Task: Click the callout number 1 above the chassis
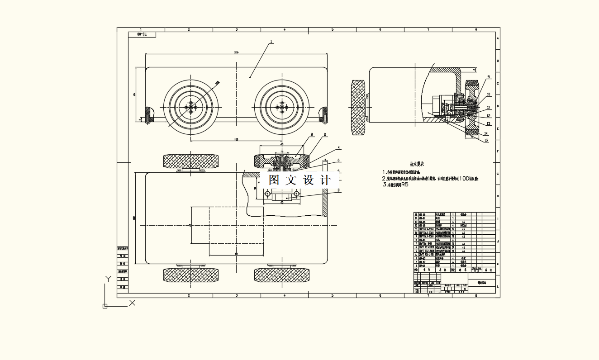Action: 271,42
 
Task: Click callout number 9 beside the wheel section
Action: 489,77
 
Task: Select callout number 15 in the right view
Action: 486,140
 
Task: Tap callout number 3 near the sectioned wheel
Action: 325,135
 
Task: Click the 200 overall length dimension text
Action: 236,52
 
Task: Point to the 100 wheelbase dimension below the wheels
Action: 236,140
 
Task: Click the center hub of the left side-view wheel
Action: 191,107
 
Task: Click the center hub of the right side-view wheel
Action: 282,107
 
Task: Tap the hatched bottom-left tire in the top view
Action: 191,275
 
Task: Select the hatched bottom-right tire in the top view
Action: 282,275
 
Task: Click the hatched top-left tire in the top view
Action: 191,161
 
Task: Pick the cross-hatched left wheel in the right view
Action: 359,107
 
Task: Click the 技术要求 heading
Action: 416,164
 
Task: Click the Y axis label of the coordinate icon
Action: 108,279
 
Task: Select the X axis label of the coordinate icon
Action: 133,303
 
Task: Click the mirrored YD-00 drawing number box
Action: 142,34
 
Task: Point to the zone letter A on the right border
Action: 498,39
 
